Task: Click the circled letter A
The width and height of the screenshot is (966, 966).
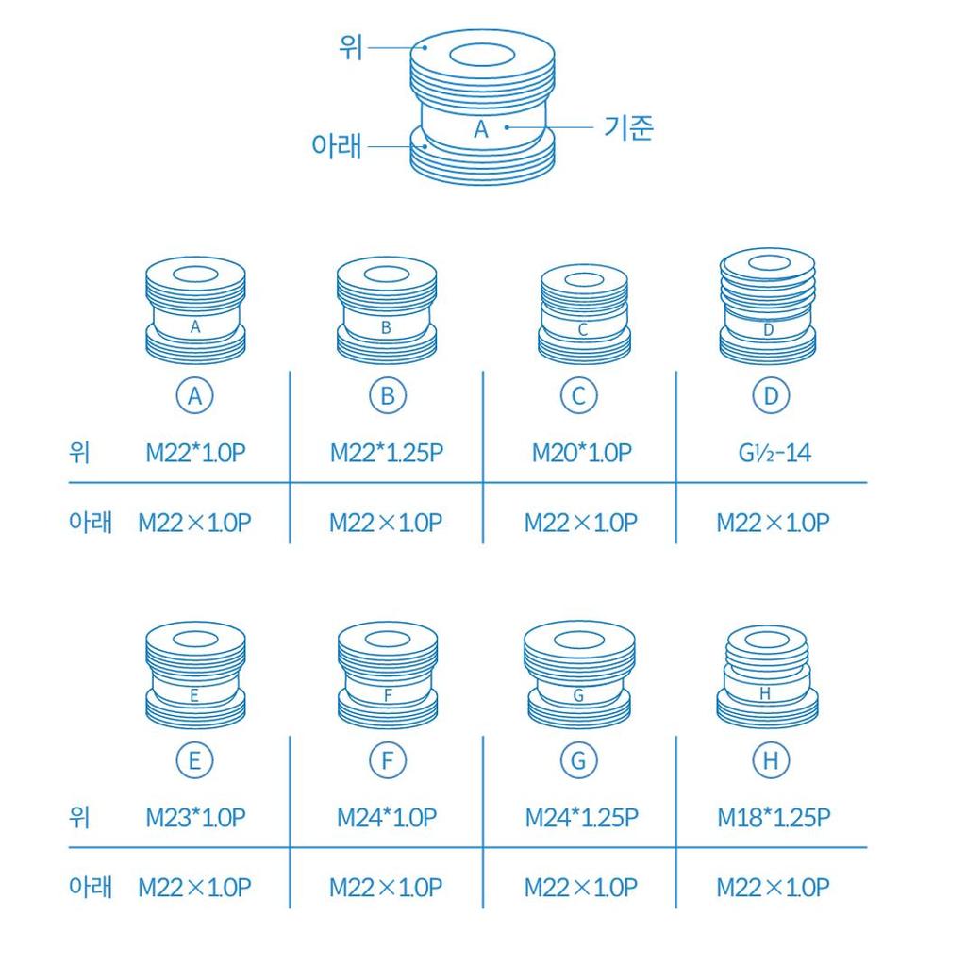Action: coord(194,395)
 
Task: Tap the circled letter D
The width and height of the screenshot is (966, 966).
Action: coord(771,395)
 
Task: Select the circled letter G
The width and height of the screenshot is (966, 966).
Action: coord(578,760)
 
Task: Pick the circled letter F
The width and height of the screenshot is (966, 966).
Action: coord(387,760)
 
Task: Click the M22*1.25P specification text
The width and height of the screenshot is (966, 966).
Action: coord(386,454)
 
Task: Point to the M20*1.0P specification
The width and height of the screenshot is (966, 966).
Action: coord(581,454)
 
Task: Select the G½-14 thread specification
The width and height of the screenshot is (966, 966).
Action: coord(774,454)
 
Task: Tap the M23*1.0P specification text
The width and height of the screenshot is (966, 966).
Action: coord(195,818)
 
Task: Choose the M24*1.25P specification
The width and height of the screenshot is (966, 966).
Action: coord(581,818)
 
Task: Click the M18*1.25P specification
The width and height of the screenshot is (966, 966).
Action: coord(774,818)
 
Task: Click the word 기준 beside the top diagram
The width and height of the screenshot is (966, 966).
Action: coord(627,128)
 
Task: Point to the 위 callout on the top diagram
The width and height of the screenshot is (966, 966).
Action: coord(351,47)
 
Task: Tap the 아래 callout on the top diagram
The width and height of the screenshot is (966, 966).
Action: coord(337,146)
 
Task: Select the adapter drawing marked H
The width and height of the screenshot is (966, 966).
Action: coord(768,675)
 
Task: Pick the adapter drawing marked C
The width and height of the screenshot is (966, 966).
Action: coord(584,314)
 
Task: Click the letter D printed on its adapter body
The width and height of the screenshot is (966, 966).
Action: coord(768,329)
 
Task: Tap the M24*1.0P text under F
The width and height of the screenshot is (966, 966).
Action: coord(386,818)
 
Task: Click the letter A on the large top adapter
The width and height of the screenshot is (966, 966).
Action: coord(481,128)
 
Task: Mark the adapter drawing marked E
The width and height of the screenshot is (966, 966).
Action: coord(195,674)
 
